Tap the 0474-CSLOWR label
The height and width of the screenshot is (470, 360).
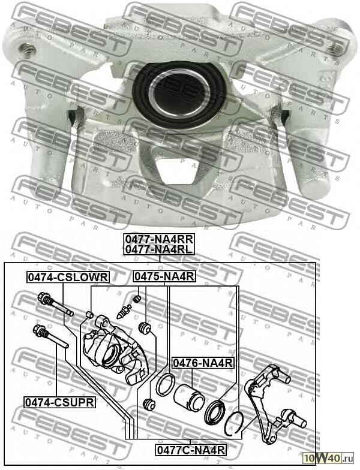[68, 277]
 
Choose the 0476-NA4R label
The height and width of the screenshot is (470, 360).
[203, 363]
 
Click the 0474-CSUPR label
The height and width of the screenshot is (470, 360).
[60, 402]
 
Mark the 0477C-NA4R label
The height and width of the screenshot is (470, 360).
[191, 450]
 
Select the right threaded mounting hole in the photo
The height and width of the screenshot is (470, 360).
[335, 48]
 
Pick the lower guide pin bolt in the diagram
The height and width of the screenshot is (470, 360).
[50, 337]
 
